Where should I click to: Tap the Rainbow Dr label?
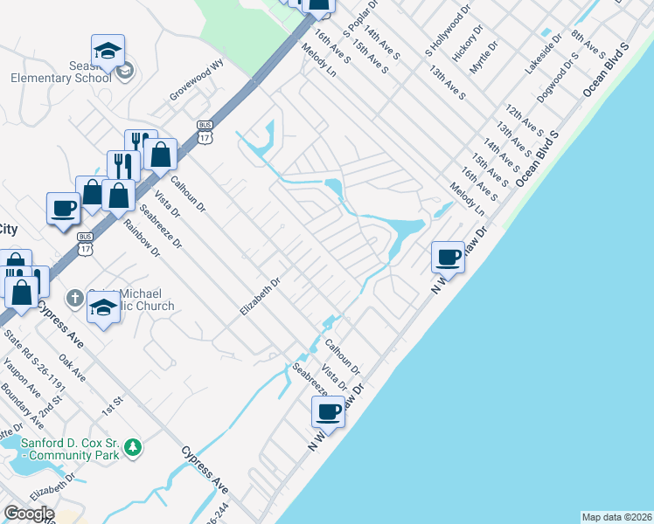point(142,238)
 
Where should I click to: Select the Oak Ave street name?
point(72,367)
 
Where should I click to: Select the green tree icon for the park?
point(132,448)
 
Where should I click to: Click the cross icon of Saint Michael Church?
point(76,297)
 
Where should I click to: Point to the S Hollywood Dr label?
point(448,30)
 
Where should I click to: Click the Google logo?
point(29,514)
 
